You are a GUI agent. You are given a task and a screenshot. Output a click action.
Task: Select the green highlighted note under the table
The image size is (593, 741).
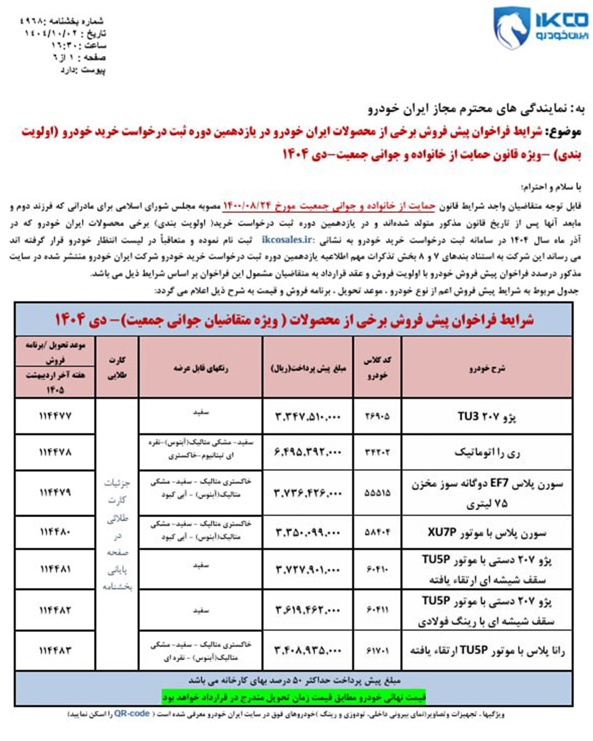point(294,697)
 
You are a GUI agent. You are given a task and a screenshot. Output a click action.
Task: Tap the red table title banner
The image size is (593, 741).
point(294,319)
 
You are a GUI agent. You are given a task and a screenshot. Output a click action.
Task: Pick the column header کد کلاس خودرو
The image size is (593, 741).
point(377,367)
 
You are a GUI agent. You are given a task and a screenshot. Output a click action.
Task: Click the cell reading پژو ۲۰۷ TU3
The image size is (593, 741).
point(486,417)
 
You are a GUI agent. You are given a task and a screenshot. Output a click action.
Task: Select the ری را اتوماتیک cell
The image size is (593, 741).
point(486,452)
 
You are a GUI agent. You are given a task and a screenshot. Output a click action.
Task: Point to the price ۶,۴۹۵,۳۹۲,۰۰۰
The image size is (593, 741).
point(307,452)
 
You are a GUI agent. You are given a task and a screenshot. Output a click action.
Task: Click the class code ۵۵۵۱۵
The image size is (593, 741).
point(377,493)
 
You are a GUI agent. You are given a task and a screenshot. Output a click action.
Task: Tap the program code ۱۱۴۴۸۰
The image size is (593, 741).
point(55,532)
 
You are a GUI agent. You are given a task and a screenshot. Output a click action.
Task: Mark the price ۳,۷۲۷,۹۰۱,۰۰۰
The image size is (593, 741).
point(307,570)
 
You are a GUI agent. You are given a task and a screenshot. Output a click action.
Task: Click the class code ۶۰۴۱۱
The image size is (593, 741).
point(377,610)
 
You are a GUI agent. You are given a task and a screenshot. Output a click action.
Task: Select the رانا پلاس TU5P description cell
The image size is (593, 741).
point(486,650)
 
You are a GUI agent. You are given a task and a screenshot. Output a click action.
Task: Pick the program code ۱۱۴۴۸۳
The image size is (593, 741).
point(55,650)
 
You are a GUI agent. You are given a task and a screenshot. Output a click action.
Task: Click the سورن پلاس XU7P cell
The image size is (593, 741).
point(486,532)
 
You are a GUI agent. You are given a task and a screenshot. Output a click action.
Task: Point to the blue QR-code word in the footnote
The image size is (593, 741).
point(132,714)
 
